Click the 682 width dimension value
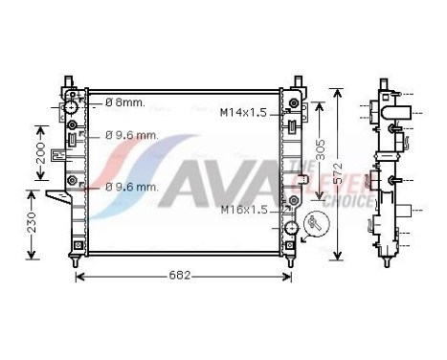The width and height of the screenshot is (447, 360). pos(181,276)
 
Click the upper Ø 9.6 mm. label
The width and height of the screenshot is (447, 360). pos(131,136)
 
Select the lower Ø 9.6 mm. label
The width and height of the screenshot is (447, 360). pos(131,186)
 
